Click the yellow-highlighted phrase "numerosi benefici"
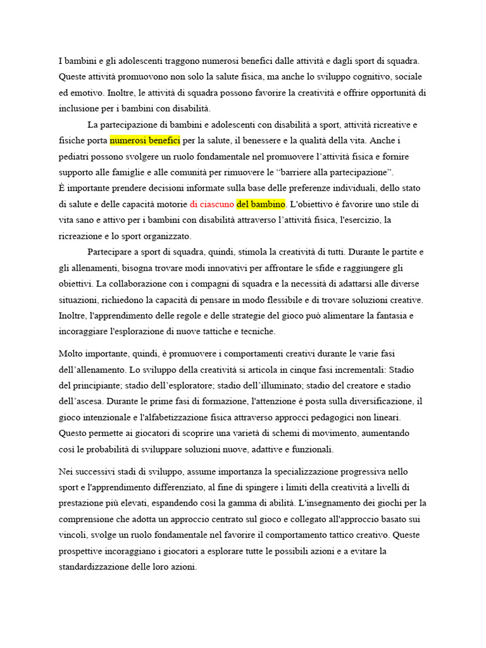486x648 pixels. click(x=145, y=140)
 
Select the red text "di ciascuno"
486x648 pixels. click(x=211, y=204)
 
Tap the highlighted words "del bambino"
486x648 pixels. click(x=261, y=204)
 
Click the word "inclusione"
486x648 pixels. click(x=79, y=108)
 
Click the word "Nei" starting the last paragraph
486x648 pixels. click(x=66, y=471)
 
